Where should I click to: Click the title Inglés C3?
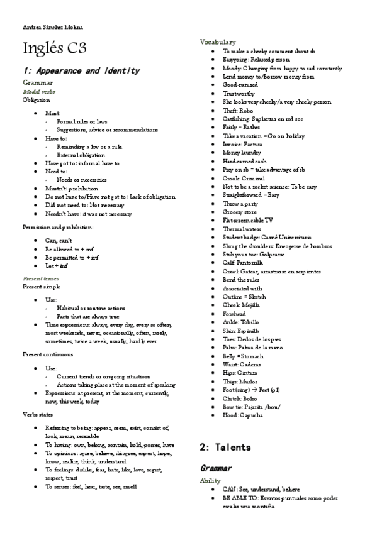click(54, 49)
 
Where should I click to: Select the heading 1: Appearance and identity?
click(81, 71)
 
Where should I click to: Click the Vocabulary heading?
click(218, 41)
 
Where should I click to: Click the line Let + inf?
click(57, 266)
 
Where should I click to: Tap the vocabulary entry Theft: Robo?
click(240, 110)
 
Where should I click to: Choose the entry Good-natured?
click(240, 84)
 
